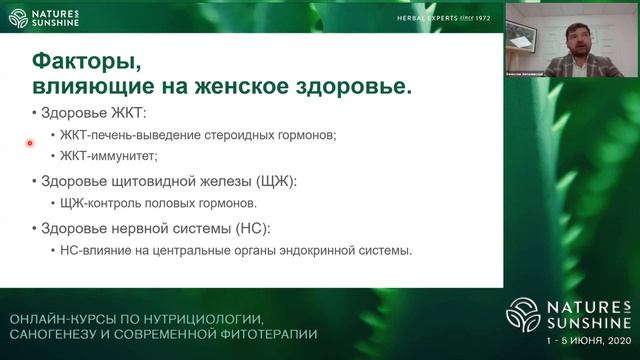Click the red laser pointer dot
click(x=30, y=143)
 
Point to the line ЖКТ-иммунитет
click(x=110, y=156)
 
